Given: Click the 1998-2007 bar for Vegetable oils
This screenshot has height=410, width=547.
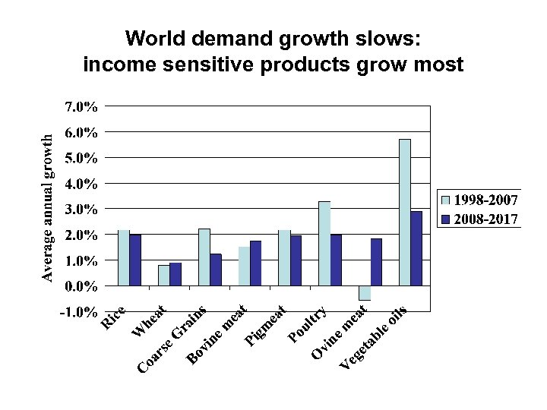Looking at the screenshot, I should click(x=404, y=213).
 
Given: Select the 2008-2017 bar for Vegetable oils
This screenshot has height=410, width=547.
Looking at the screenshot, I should click(x=416, y=248).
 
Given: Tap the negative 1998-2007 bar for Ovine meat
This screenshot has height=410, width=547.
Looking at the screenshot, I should click(x=365, y=293).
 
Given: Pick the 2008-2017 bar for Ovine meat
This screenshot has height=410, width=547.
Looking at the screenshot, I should click(x=376, y=262).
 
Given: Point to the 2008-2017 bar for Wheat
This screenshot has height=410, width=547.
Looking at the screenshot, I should click(x=175, y=274).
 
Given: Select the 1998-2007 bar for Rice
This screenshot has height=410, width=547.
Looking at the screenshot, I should click(x=124, y=257).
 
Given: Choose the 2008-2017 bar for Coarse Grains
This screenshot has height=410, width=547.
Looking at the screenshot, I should click(x=216, y=270).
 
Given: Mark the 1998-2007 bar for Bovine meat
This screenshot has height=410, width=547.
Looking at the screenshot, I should click(x=244, y=266).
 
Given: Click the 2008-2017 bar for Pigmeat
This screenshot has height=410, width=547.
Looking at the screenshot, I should click(x=296, y=260).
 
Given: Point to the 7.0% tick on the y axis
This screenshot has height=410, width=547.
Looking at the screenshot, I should click(x=81, y=106).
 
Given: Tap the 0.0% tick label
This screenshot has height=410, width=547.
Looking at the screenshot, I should click(x=81, y=286).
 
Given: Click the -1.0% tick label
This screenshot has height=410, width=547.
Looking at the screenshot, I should click(x=79, y=312).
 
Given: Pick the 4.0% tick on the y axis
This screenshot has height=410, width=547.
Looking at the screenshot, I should click(x=81, y=184).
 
